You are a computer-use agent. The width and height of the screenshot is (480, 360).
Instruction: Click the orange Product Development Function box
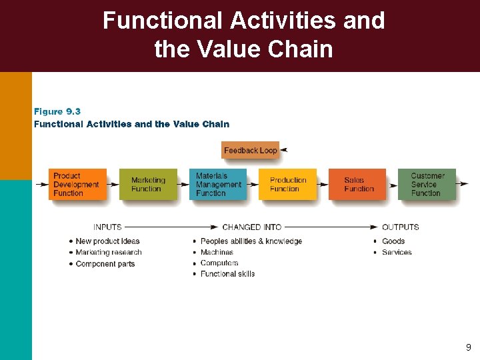tap(77, 185)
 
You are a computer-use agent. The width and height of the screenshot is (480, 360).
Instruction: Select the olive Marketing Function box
tap(148, 185)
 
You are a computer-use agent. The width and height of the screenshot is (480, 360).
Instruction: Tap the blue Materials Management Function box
tap(218, 185)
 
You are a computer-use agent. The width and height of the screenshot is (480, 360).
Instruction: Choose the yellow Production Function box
tap(288, 185)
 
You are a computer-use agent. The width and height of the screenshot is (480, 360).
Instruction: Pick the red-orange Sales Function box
tap(357, 185)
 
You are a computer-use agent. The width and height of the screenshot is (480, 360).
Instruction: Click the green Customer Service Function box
tap(427, 185)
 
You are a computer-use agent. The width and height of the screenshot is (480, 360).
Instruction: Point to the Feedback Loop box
tap(250, 151)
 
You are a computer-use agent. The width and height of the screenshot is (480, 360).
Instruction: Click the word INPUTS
tap(107, 227)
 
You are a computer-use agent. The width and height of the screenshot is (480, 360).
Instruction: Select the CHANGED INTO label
tap(252, 227)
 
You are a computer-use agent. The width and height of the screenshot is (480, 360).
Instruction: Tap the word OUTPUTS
tap(400, 227)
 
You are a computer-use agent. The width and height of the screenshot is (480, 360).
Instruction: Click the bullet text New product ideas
tap(107, 241)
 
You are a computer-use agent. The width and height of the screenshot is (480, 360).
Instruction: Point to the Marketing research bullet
tap(109, 253)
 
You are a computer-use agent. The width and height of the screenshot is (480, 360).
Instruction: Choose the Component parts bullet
tap(105, 264)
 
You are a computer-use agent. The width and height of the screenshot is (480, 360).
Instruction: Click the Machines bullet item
tap(217, 253)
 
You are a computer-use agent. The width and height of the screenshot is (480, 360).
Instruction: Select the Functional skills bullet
tap(227, 274)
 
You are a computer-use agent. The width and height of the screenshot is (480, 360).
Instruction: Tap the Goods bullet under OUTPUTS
tap(393, 241)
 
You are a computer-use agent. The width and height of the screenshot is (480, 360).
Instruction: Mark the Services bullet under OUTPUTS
tap(397, 253)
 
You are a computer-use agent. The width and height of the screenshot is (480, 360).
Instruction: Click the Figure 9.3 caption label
tap(57, 112)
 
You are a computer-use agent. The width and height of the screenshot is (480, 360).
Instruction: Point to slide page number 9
tap(468, 347)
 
